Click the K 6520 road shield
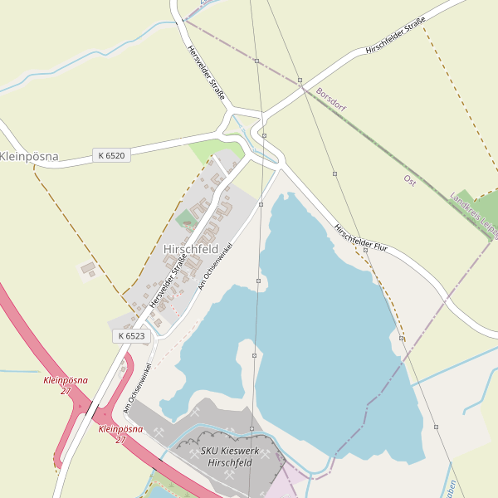(110, 155)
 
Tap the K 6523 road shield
(131, 336)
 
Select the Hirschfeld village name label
(191, 249)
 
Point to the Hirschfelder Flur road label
(361, 239)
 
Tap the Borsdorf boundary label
(331, 100)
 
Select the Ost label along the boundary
(409, 180)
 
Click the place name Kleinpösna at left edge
(29, 156)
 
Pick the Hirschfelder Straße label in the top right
(395, 37)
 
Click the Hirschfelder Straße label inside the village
(168, 282)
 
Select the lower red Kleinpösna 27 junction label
(120, 434)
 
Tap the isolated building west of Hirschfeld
(87, 268)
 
